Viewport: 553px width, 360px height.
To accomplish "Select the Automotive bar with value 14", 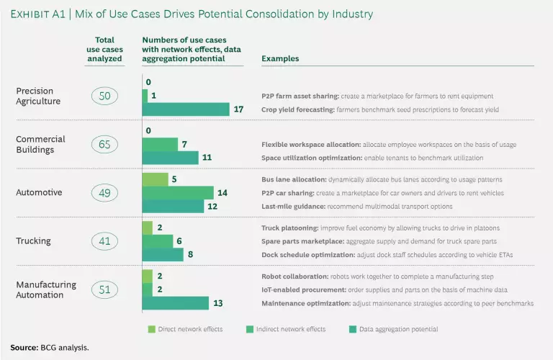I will [x=178, y=192].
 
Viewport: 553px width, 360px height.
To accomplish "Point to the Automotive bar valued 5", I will [x=155, y=179].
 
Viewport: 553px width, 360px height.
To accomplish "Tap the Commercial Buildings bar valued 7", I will [x=160, y=144].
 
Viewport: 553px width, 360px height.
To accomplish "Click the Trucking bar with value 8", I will [x=163, y=254].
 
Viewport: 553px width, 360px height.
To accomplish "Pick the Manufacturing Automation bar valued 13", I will [x=175, y=303].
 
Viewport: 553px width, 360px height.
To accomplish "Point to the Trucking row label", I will [x=32, y=241].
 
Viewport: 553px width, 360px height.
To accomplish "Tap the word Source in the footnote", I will [x=24, y=346].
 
